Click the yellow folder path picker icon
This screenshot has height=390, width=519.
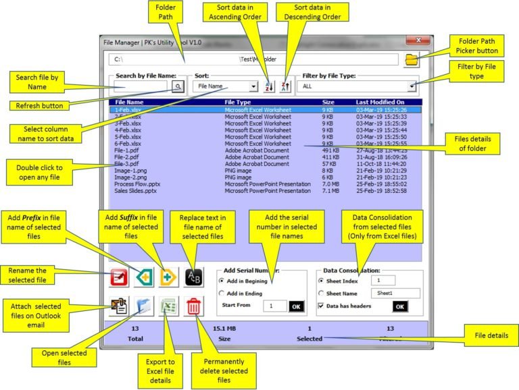[411, 60]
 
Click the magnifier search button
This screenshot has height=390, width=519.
[178, 86]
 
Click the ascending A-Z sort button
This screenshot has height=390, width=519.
[269, 86]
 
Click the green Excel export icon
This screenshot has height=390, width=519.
[169, 306]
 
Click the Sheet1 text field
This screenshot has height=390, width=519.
[395, 293]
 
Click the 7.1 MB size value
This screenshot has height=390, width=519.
[330, 191]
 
